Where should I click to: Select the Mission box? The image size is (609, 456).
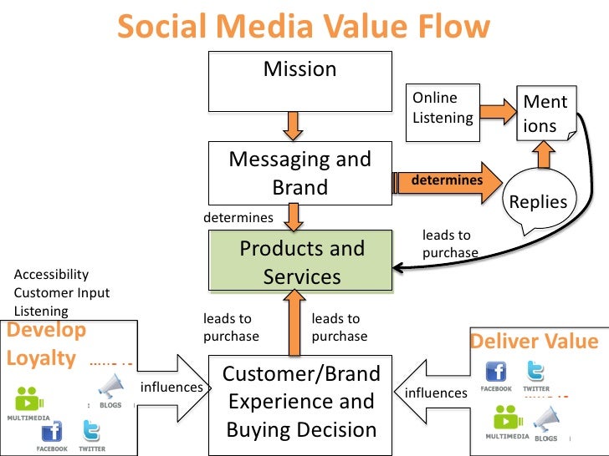pyautogui.click(x=299, y=84)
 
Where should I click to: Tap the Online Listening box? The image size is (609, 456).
pyautogui.click(x=443, y=108)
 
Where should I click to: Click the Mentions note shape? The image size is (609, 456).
pyautogui.click(x=545, y=114)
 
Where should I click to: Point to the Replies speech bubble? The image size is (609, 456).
pyautogui.click(x=538, y=201)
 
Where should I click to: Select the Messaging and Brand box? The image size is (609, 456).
pyautogui.click(x=299, y=173)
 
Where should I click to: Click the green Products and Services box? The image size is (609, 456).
pyautogui.click(x=299, y=262)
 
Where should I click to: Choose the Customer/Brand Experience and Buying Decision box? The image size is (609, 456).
pyautogui.click(x=299, y=402)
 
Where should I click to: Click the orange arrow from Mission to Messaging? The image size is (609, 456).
pyautogui.click(x=292, y=126)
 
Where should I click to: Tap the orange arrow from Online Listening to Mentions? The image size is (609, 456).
pyautogui.click(x=499, y=109)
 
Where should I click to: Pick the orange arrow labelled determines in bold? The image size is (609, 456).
pyautogui.click(x=448, y=181)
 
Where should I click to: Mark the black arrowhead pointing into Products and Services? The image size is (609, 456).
pyautogui.click(x=400, y=268)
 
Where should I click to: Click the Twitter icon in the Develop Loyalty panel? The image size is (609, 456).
pyautogui.click(x=92, y=432)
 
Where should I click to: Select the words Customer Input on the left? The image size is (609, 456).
pyautogui.click(x=62, y=293)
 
